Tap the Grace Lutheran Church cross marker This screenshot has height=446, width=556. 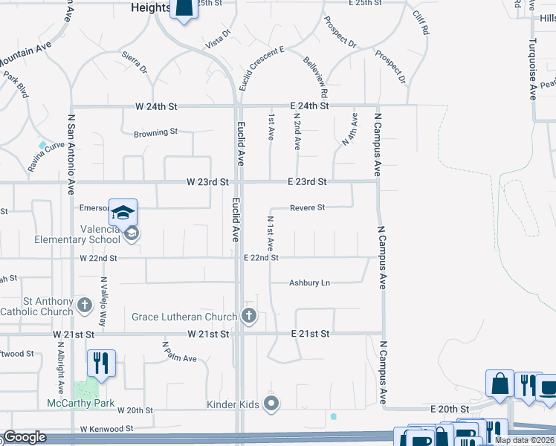(x=249, y=317)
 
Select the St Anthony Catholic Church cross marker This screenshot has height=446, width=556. (x=85, y=304)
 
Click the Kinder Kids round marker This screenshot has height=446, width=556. (x=272, y=404)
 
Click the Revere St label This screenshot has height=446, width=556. (x=307, y=208)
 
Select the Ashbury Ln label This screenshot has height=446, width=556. (x=309, y=283)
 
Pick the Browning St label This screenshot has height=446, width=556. (x=155, y=133)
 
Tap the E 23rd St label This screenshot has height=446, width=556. (x=306, y=181)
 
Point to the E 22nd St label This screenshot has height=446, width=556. (x=261, y=258)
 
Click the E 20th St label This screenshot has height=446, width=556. (x=450, y=409)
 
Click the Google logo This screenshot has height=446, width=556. (x=25, y=437)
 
